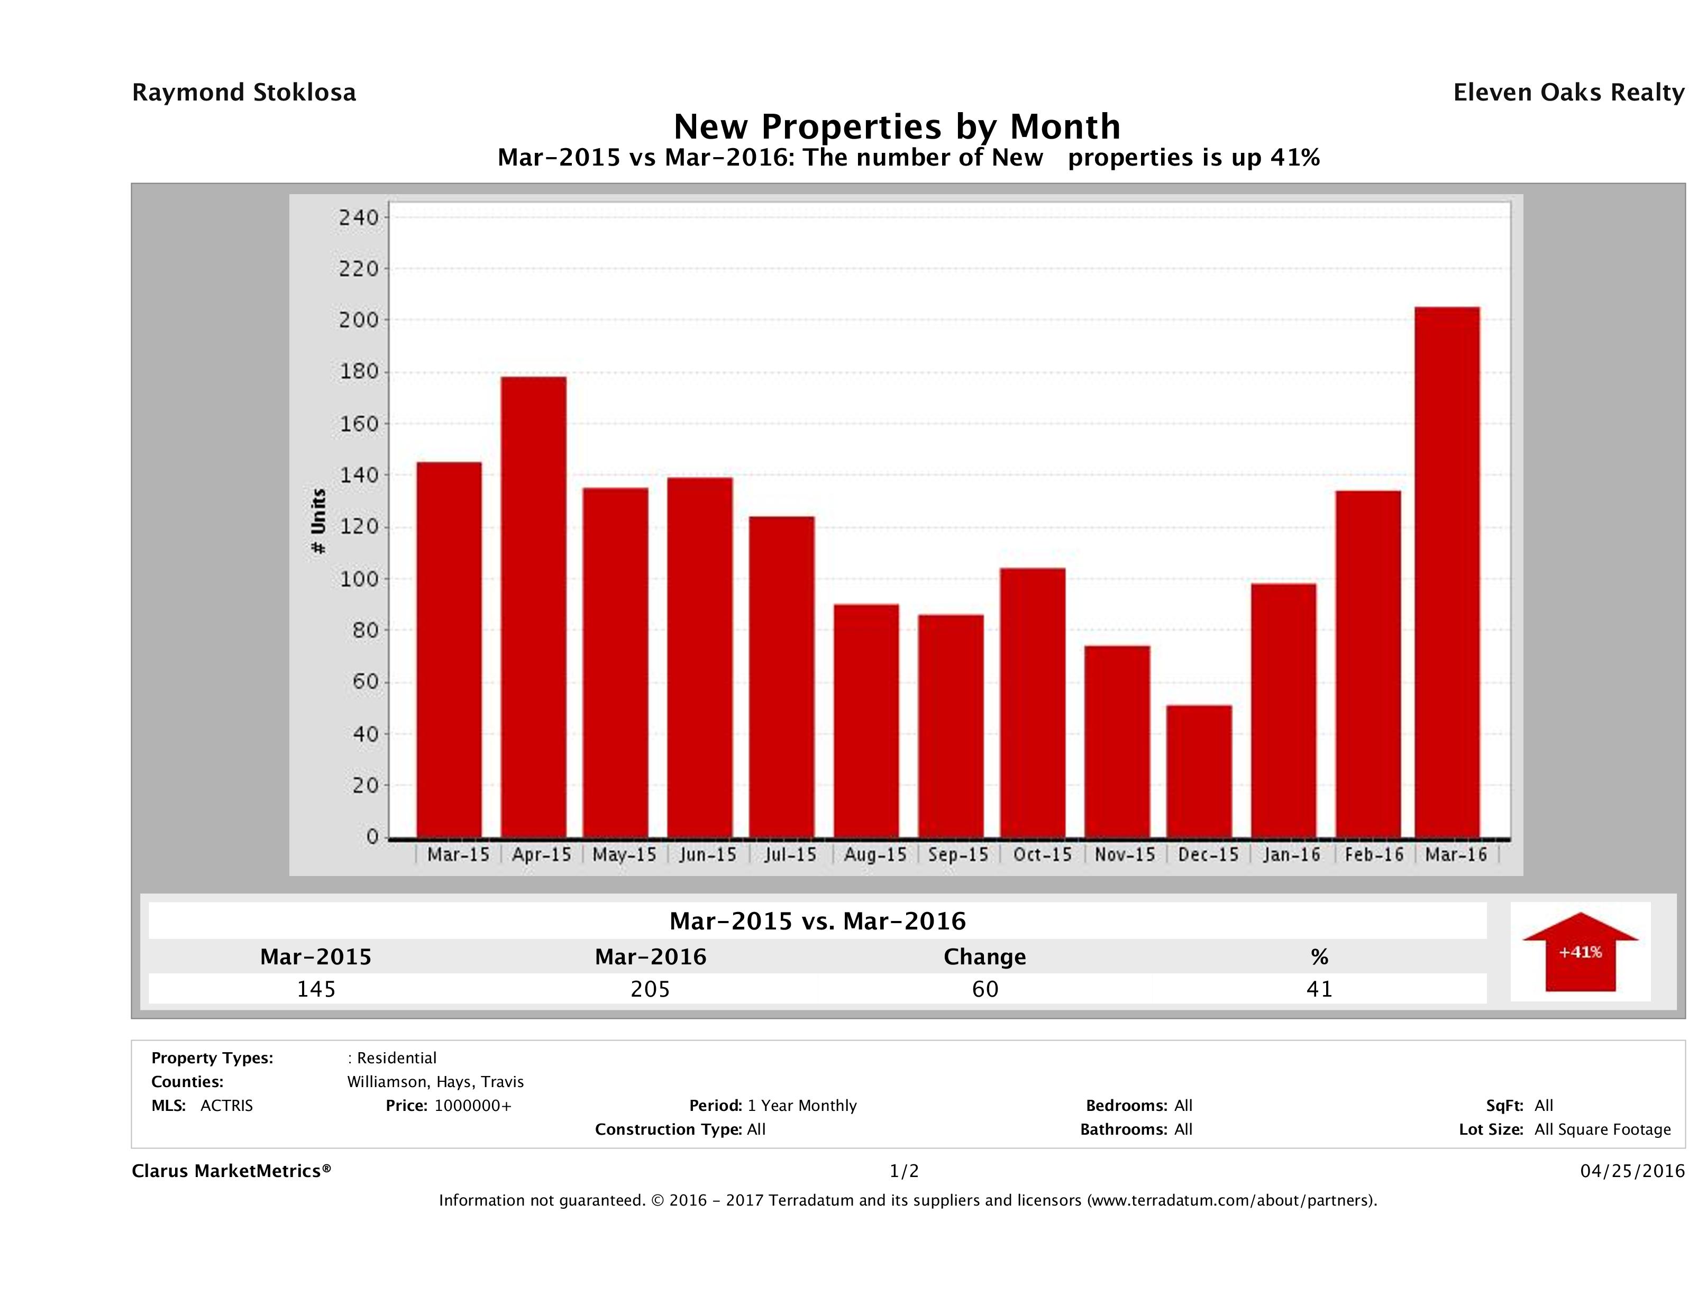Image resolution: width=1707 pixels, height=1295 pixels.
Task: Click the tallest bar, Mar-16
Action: coord(1447,572)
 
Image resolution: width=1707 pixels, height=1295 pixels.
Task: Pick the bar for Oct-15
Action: coord(1033,703)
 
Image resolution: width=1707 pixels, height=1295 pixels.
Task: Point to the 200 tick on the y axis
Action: coord(358,320)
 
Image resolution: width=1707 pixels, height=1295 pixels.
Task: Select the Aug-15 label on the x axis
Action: coord(875,854)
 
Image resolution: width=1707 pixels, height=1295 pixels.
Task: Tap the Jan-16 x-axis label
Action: coord(1292,854)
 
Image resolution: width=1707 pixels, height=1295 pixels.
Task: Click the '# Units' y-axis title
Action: coord(318,521)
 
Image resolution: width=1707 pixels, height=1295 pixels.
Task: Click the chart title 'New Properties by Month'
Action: coord(896,126)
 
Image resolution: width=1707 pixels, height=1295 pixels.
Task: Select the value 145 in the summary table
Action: coord(316,989)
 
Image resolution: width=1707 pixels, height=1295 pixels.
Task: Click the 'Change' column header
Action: coord(985,957)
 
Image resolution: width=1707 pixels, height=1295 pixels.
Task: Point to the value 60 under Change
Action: coord(985,989)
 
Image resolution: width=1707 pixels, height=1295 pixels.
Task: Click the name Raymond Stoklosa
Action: coord(244,93)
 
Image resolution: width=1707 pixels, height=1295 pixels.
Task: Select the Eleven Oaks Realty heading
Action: coord(1568,93)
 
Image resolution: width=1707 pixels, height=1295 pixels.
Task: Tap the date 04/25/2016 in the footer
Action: coord(1632,1171)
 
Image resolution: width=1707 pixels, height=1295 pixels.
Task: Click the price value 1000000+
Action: coord(472,1105)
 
